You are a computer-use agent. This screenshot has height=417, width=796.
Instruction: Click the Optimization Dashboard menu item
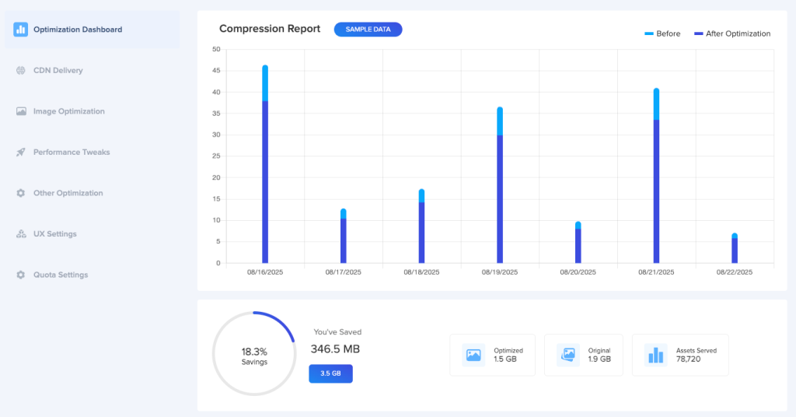point(77,30)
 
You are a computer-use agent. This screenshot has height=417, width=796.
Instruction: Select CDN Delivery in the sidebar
point(58,71)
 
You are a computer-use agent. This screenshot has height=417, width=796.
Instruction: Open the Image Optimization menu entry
point(68,111)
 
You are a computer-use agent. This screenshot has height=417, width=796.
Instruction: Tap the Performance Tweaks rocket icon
point(21,152)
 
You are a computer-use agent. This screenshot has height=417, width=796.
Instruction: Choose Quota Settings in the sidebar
point(60,275)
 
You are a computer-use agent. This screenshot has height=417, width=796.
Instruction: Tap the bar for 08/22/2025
point(735,250)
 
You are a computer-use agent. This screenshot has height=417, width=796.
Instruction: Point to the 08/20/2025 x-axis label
point(578,272)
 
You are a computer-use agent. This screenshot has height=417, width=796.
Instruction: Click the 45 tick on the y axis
point(216,71)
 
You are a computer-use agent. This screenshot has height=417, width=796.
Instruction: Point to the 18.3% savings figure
point(254,352)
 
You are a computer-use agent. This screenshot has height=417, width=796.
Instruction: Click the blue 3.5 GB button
point(330,373)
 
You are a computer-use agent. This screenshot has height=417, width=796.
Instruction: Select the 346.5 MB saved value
point(335,349)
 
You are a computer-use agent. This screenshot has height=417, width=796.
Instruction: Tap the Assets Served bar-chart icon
point(656,356)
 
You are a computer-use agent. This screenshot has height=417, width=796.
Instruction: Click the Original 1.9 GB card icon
point(568,356)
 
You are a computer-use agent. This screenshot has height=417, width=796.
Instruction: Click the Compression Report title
point(269,29)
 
